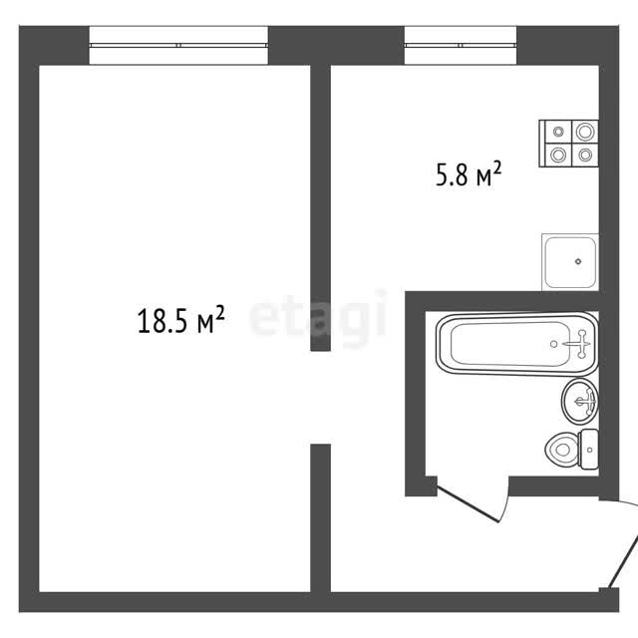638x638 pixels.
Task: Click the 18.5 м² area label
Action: click(181, 320)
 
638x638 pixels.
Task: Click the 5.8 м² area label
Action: click(469, 174)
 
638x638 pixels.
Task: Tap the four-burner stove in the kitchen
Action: click(568, 144)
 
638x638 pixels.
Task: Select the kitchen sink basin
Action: click(570, 262)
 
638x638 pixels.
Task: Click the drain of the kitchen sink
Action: click(578, 261)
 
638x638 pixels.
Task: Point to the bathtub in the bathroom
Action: click(517, 344)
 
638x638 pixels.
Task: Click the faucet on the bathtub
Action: click(578, 344)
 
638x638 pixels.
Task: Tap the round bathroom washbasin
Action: click(580, 402)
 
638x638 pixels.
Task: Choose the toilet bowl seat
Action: click(562, 450)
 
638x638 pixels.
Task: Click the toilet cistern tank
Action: click(589, 450)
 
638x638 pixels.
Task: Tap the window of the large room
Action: click(178, 45)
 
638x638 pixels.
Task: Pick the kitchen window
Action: click(461, 45)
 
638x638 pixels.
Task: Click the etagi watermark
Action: click(318, 318)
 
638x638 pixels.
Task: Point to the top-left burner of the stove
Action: click(558, 132)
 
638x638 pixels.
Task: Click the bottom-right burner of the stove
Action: click(585, 155)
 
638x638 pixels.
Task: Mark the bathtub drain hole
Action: click(553, 344)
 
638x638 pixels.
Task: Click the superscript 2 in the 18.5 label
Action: click(219, 313)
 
